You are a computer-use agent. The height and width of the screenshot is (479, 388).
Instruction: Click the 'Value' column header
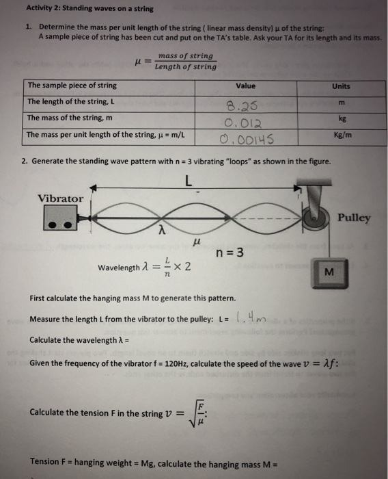click(x=245, y=86)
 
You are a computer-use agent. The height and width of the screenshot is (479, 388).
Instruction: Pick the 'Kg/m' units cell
click(x=342, y=135)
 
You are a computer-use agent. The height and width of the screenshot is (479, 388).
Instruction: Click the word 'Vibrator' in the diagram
click(x=60, y=198)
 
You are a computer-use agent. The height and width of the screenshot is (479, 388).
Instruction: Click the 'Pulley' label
click(x=354, y=218)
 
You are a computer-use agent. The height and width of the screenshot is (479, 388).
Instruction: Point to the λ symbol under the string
click(x=161, y=231)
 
